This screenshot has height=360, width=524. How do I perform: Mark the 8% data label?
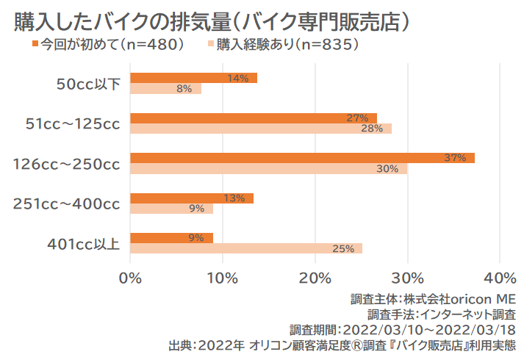click(184, 89)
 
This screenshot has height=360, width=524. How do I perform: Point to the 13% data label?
click(234, 198)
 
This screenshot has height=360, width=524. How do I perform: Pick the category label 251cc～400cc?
click(66, 204)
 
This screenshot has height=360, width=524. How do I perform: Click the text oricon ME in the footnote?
click(481, 300)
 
